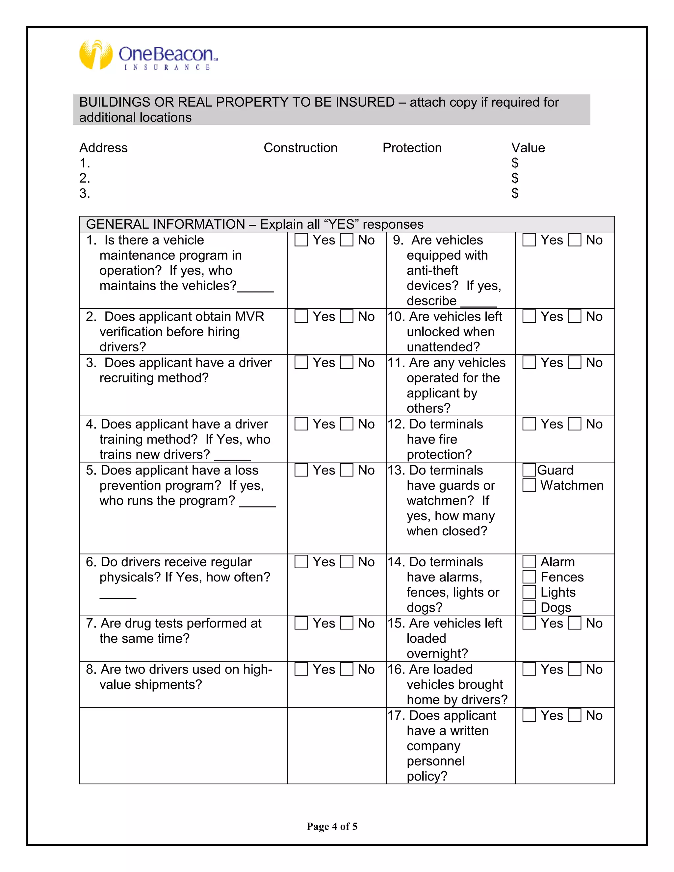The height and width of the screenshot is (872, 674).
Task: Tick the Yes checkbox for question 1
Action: point(301,240)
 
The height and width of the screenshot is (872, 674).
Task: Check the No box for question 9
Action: point(575,240)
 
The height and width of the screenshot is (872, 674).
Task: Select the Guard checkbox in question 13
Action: point(529,470)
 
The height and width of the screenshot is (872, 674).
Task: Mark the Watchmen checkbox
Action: point(529,485)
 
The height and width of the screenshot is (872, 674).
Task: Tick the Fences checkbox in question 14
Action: point(529,577)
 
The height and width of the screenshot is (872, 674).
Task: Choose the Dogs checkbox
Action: point(529,607)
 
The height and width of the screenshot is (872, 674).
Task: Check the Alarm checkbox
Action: point(529,562)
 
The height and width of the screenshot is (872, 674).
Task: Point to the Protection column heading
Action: point(412,148)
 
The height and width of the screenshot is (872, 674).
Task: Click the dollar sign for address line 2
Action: point(515,178)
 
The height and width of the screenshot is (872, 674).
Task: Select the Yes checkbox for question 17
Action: point(529,715)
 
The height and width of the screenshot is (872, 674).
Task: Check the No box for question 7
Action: point(347,623)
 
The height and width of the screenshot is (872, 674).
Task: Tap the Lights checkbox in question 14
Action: point(529,592)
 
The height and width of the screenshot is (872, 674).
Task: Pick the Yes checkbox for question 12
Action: point(529,424)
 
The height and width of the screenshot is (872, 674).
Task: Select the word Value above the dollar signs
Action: point(528,148)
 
